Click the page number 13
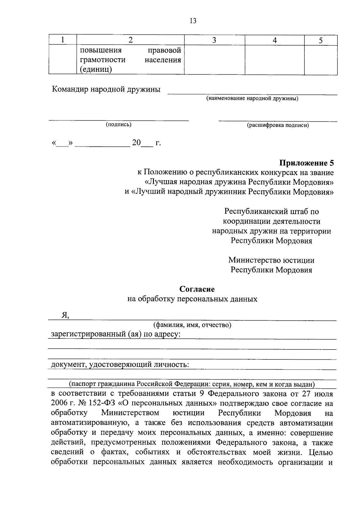[x=193, y=21]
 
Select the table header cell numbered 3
[x=214, y=40]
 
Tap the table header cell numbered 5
[x=320, y=40]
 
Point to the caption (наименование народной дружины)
[x=252, y=98]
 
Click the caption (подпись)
[x=118, y=124]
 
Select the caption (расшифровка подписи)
[x=278, y=125]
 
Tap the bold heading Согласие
[x=197, y=289]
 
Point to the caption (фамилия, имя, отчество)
[x=192, y=325]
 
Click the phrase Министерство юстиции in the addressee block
[x=271, y=260]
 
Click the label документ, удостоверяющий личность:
[x=120, y=365]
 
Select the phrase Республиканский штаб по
[x=271, y=211]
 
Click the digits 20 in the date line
[x=136, y=143]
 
